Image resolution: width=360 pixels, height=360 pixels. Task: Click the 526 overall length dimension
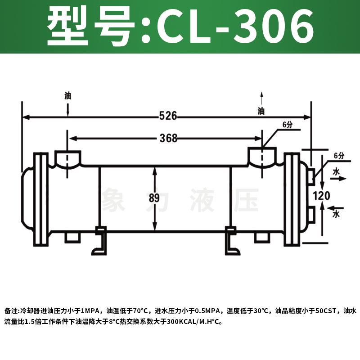pos(168,117)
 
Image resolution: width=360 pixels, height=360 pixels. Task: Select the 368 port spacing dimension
pos(168,138)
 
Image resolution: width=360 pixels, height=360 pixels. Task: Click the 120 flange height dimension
pos(324,196)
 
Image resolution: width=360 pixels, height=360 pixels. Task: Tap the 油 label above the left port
pos(67,96)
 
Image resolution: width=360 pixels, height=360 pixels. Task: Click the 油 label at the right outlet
pos(261,111)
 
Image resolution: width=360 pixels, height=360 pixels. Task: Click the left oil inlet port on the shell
pos(67,159)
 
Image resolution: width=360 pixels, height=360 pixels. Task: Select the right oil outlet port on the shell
pos(263,157)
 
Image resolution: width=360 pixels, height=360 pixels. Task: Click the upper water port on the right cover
pos(311,176)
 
